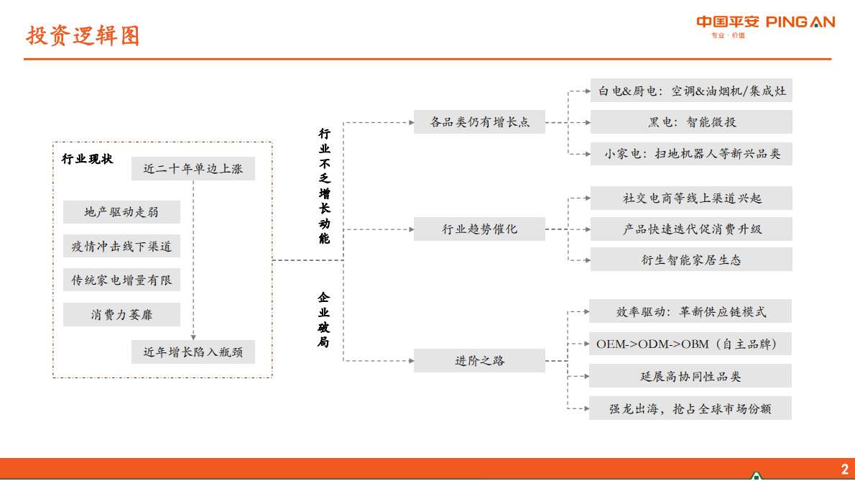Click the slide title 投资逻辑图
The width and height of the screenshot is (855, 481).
[83, 35]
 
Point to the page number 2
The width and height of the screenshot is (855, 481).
[844, 469]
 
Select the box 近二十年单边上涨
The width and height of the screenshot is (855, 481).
[193, 170]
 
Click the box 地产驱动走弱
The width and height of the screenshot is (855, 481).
[121, 212]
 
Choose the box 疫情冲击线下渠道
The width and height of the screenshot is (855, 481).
[121, 247]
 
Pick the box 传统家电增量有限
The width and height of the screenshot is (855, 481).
[121, 280]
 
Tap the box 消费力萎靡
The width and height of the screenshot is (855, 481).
[121, 315]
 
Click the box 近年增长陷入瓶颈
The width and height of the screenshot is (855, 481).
[193, 352]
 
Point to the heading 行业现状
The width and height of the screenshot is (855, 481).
[88, 160]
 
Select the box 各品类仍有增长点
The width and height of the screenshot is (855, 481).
[479, 122]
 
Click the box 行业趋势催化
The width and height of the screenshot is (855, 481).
[479, 230]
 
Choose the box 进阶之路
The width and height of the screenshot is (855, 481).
[479, 361]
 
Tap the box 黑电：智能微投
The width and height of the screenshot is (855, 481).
[691, 122]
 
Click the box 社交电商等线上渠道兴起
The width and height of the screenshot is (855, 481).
[691, 198]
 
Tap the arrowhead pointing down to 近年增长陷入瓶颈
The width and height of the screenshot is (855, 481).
[193, 336]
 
